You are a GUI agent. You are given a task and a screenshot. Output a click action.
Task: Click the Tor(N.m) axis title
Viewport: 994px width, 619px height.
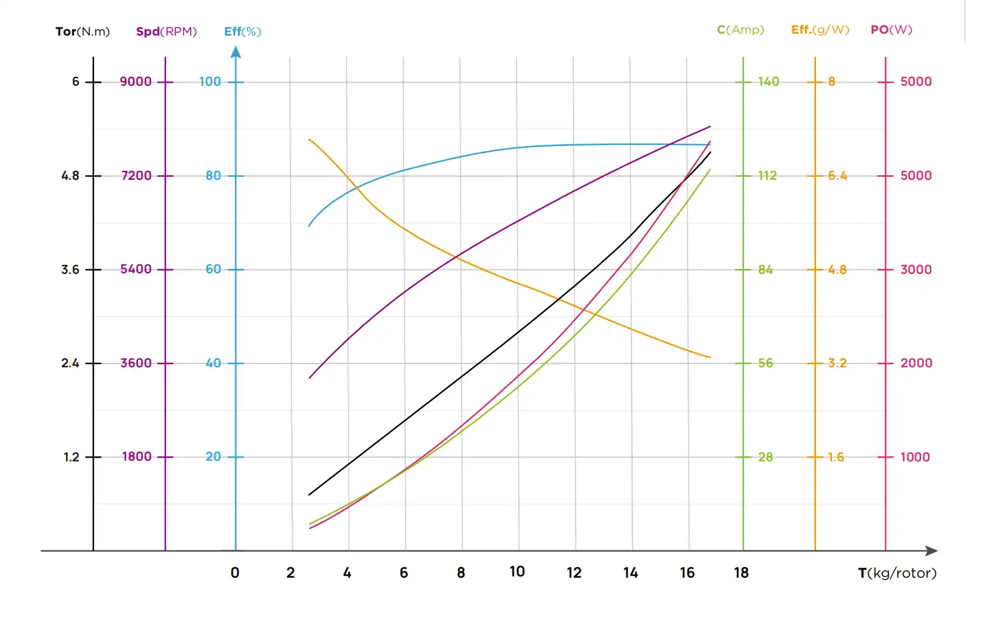tap(83, 32)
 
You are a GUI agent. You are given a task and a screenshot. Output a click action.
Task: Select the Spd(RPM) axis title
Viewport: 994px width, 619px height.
tap(167, 32)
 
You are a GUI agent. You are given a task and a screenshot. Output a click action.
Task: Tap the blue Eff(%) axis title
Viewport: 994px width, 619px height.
tap(242, 32)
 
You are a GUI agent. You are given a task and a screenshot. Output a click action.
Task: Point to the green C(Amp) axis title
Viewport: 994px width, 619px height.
tap(740, 30)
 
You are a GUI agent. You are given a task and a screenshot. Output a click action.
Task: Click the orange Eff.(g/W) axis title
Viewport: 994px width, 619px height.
tap(820, 30)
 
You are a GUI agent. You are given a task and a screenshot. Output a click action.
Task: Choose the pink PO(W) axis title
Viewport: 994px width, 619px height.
tap(891, 30)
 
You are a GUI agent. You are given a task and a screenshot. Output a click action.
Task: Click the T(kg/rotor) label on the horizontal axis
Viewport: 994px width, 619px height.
tap(897, 573)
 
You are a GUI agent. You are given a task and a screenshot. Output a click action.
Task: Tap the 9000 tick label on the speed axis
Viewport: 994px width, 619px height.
tap(136, 81)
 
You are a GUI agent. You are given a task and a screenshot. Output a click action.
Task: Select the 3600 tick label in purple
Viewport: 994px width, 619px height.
tap(136, 363)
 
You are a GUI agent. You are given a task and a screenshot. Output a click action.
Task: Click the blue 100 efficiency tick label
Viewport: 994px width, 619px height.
tap(210, 81)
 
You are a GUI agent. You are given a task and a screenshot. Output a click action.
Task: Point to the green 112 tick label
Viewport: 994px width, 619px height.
tap(768, 175)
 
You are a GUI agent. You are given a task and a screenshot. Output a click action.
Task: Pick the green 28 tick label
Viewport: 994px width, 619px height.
tap(766, 457)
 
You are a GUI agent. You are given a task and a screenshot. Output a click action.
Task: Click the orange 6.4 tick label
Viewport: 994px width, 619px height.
tap(837, 175)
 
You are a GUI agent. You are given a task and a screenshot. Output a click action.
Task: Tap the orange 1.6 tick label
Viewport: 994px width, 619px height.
tap(836, 457)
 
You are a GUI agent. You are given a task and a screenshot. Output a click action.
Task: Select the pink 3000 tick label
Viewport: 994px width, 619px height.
tap(916, 269)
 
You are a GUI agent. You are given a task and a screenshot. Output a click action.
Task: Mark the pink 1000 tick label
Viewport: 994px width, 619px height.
tap(915, 457)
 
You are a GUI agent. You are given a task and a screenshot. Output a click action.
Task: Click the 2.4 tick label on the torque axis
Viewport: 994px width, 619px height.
tap(70, 363)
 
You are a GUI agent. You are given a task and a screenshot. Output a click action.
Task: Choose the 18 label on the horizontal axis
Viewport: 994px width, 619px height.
tap(741, 573)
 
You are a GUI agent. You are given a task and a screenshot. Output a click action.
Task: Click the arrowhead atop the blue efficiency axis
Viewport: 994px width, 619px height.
tap(236, 52)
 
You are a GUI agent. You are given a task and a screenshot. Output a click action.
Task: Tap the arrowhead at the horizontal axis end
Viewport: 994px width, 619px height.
tap(932, 551)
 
